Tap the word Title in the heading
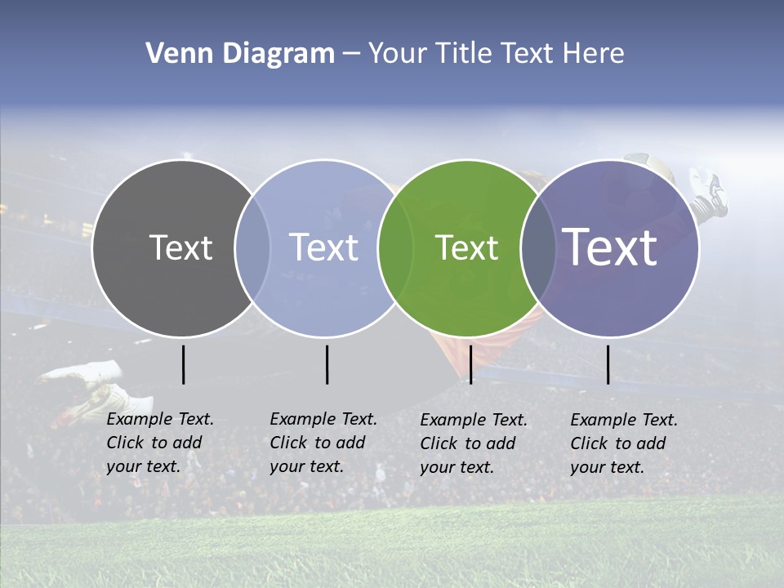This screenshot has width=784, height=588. click(462, 54)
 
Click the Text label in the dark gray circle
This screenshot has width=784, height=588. click(180, 247)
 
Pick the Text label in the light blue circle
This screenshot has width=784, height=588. click(323, 247)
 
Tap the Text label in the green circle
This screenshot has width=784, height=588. click(466, 247)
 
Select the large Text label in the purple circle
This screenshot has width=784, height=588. click(610, 247)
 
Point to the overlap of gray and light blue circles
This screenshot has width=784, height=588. click(252, 247)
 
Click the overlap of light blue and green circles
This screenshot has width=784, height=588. click(395, 247)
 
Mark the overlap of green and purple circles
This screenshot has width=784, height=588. click(538, 247)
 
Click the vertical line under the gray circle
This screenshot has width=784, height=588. click(183, 364)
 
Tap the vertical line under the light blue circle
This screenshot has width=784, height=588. click(327, 364)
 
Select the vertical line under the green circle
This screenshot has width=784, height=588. click(470, 364)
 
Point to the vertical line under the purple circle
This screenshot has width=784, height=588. click(608, 364)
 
